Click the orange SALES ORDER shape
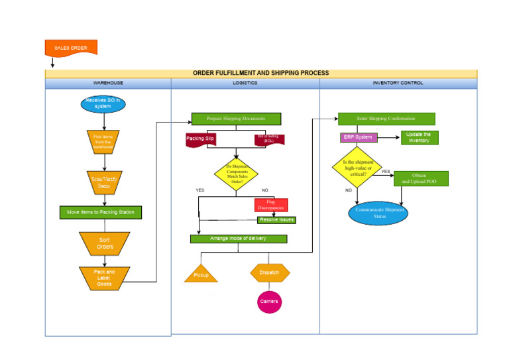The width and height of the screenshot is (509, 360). coord(71,48)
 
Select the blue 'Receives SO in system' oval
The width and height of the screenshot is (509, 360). coord(103,103)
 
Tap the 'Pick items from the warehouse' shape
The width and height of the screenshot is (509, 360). coord(103,141)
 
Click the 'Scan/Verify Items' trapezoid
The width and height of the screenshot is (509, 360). coord(104,182)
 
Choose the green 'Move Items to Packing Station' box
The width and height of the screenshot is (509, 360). coord(101,213)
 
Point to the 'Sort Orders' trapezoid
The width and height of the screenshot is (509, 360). coord(105,243)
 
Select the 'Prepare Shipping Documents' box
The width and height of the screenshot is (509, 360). coord(236,119)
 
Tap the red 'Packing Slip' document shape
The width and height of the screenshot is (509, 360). coord(199,139)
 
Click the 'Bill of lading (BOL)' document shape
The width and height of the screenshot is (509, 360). coord(269,139)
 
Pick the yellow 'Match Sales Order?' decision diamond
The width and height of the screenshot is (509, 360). coord(236,174)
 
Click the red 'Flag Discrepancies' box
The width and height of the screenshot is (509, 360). coord(271,205)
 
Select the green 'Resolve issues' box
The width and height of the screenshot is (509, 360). coord(276,219)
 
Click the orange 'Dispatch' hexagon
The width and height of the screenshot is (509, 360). coord(270,272)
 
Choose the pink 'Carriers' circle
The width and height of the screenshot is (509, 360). coord(269,302)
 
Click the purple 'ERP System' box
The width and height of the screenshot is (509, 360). coord(358,137)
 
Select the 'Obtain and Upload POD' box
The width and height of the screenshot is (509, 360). coord(421,178)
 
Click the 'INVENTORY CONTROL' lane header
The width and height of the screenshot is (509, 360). coord(398,84)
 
